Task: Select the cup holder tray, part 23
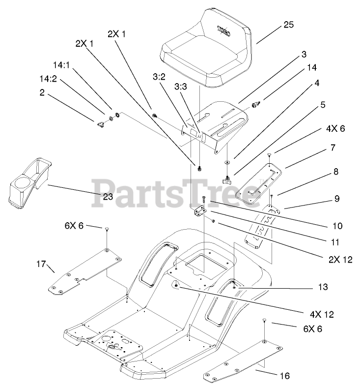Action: [28, 180]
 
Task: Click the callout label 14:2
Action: [48, 78]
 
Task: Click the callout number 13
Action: [323, 287]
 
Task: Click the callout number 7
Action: [332, 147]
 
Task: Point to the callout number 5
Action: [323, 104]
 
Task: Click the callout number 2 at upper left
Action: [43, 92]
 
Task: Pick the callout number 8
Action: [336, 172]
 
